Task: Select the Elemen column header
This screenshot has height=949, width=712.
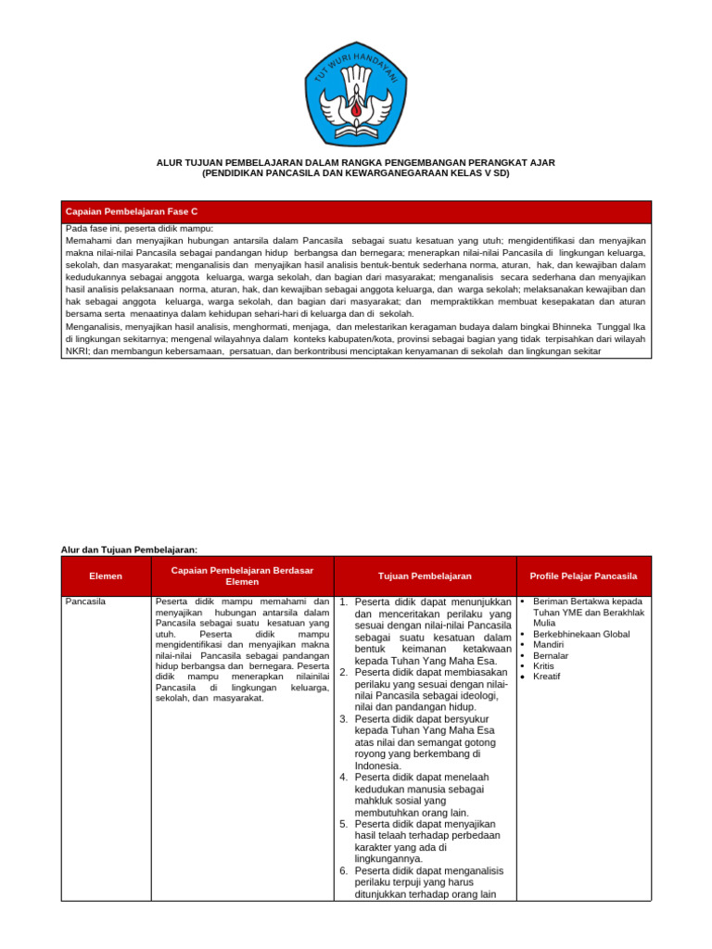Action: coord(106,576)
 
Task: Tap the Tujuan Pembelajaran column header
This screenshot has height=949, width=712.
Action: coord(425,576)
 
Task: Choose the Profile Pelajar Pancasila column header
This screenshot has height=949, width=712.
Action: coord(583,576)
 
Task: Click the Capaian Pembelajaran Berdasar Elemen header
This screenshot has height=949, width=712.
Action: coord(242,576)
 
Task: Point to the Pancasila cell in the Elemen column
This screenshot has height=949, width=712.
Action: coord(85,602)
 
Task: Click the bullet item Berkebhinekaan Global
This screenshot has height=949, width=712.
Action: coord(581,635)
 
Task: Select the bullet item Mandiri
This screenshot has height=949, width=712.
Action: coord(549,644)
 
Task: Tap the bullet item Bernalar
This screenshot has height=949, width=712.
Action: coord(551,655)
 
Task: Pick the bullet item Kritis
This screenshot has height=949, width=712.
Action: coord(545,665)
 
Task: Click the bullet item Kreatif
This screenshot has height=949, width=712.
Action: coord(547,677)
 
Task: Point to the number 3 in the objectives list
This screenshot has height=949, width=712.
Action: coord(343,719)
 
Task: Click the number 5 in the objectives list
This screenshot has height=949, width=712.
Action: coord(343,824)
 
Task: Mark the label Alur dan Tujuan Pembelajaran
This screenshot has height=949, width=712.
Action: coord(129,550)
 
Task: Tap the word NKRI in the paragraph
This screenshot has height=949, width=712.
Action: coord(77,351)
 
